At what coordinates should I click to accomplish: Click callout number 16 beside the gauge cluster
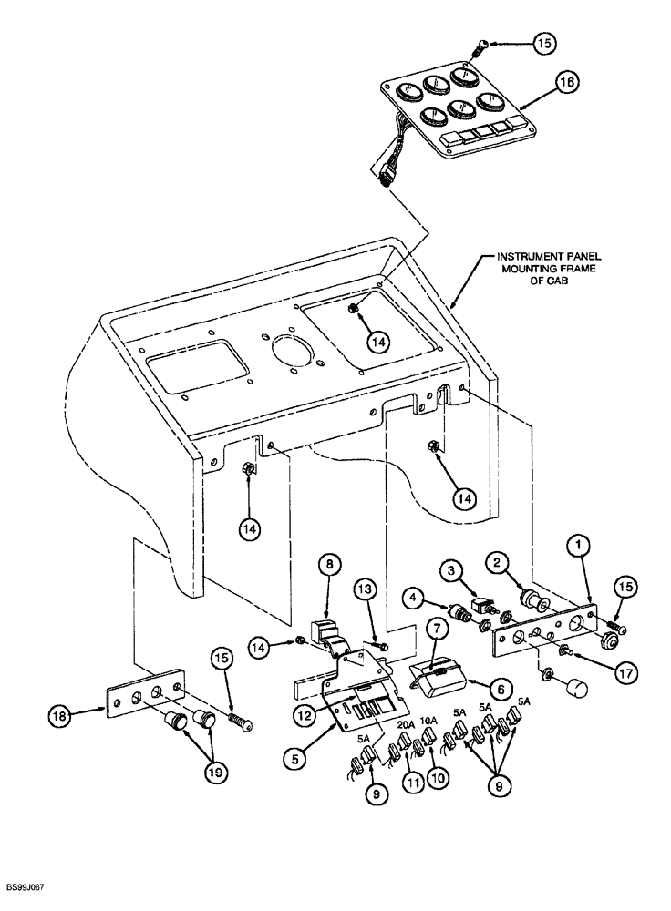566,83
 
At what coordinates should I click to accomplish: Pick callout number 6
435,629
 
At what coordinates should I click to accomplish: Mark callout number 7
331,566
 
